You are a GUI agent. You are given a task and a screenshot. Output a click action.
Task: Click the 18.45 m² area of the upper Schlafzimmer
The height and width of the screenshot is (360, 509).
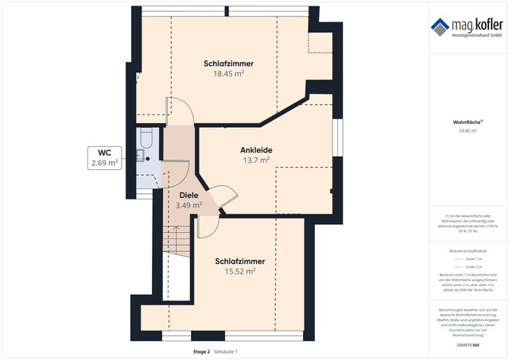[x=227, y=74]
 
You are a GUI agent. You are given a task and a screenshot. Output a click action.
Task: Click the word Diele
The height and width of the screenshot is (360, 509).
[x=188, y=195]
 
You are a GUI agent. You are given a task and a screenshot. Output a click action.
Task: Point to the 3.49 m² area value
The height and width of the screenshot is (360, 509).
[x=188, y=205]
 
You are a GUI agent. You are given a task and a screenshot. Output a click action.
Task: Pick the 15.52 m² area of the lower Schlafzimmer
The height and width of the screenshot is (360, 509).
[x=239, y=271]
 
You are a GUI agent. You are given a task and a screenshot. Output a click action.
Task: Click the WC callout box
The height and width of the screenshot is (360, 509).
[x=103, y=157]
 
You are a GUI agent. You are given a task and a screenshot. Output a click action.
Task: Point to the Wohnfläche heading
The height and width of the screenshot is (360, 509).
[x=469, y=122]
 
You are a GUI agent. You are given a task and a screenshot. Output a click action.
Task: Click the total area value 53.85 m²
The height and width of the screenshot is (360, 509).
[x=469, y=131]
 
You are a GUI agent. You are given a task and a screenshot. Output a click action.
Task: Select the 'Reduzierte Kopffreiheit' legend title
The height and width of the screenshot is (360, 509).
[x=469, y=250]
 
